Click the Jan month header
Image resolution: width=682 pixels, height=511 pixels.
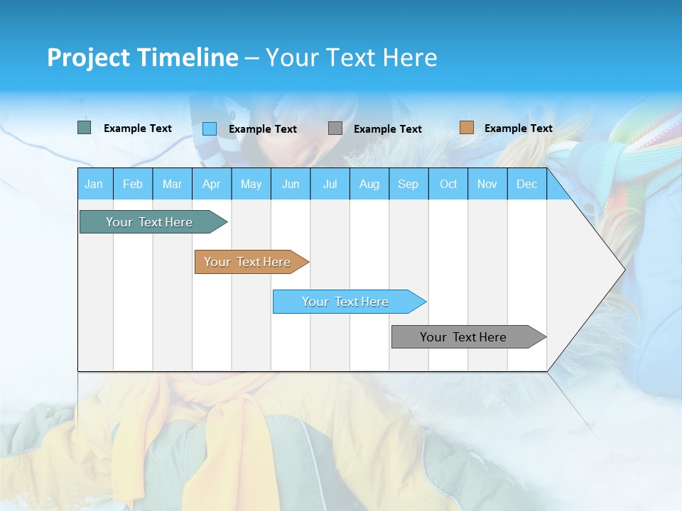pyautogui.click(x=94, y=184)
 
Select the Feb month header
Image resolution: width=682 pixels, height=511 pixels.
pyautogui.click(x=133, y=184)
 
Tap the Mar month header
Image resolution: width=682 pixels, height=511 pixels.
pyautogui.click(x=172, y=184)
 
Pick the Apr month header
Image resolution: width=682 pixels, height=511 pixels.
pyautogui.click(x=212, y=184)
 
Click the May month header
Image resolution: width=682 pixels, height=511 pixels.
pyautogui.click(x=251, y=184)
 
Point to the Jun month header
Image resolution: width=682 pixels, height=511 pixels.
pyautogui.click(x=291, y=184)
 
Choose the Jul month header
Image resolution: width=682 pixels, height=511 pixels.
pyautogui.click(x=330, y=184)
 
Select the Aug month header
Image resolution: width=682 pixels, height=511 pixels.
pyautogui.click(x=369, y=184)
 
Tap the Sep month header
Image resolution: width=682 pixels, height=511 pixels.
pyautogui.click(x=408, y=184)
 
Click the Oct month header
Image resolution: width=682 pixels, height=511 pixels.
pyautogui.click(x=448, y=184)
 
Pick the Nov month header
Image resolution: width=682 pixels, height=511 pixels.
pyautogui.click(x=487, y=184)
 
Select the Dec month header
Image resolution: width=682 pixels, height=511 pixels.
pyautogui.click(x=527, y=184)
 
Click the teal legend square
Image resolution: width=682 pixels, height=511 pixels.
pyautogui.click(x=85, y=128)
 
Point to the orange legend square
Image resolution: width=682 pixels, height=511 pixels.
pyautogui.click(x=467, y=128)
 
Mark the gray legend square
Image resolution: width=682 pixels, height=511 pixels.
pyautogui.click(x=335, y=128)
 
